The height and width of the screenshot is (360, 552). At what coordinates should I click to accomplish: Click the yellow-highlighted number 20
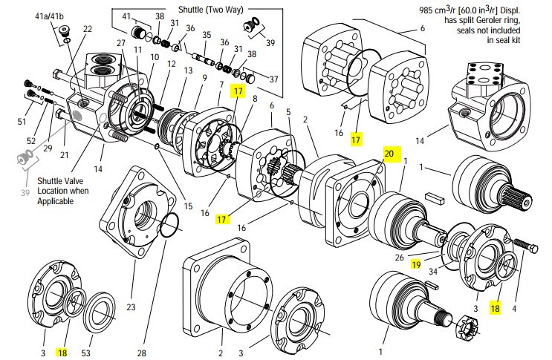click(x=389, y=154)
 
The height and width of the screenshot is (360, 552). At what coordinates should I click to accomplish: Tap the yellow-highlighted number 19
click(x=416, y=264)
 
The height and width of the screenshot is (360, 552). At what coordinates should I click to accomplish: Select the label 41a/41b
click(x=49, y=16)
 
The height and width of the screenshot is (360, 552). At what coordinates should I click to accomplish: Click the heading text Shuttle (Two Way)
click(x=210, y=9)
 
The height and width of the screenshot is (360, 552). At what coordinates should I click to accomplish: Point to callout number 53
click(x=86, y=353)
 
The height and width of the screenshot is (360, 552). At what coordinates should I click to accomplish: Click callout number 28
click(x=141, y=353)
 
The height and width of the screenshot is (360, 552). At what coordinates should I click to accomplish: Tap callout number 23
click(x=131, y=307)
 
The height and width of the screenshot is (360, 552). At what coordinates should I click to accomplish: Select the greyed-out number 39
click(x=25, y=193)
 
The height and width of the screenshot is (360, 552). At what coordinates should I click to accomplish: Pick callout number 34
click(x=433, y=271)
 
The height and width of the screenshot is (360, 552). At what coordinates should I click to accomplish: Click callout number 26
click(x=399, y=258)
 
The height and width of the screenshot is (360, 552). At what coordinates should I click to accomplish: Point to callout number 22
click(x=88, y=28)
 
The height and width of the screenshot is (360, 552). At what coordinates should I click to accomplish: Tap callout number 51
click(x=22, y=122)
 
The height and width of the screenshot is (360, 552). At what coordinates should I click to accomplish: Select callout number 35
click(x=207, y=34)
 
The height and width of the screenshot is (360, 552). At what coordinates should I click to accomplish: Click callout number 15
click(x=189, y=206)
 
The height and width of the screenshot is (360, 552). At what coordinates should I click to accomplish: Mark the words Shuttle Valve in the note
click(x=61, y=181)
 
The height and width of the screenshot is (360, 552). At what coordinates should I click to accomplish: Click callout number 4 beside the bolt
click(x=514, y=309)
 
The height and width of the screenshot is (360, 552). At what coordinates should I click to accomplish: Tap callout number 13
click(x=189, y=71)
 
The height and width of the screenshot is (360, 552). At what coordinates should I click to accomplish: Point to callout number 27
click(x=121, y=43)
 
